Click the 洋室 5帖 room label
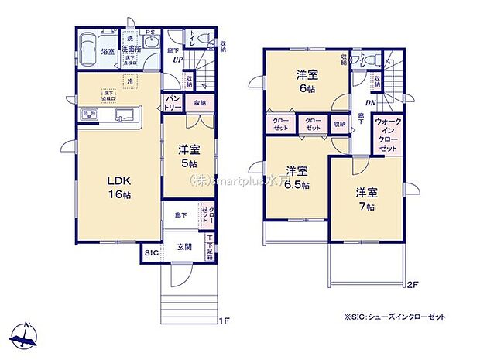[189, 156]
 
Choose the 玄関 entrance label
[184, 247]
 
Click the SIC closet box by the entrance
[150, 252]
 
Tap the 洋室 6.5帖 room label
[295, 177]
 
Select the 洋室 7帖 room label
[365, 199]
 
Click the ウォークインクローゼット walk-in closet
[387, 133]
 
